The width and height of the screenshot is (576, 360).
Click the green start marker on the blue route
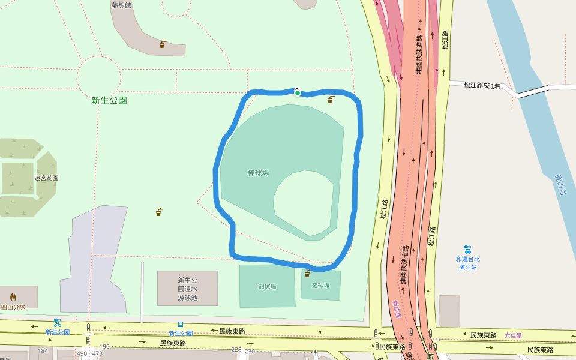click(x=298, y=92)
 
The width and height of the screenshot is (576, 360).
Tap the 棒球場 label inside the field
click(x=259, y=173)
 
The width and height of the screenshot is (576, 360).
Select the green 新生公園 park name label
click(x=109, y=101)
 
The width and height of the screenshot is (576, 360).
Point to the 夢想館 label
click(x=121, y=5)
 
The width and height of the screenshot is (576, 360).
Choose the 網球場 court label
click(x=267, y=287)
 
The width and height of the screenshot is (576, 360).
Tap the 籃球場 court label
click(x=320, y=286)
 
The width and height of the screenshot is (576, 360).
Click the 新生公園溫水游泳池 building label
click(x=187, y=289)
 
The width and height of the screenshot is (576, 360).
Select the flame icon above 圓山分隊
click(x=13, y=297)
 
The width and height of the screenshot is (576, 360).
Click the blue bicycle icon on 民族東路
click(x=58, y=323)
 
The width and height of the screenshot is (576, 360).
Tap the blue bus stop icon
click(x=181, y=325)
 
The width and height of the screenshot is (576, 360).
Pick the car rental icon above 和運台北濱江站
click(x=468, y=249)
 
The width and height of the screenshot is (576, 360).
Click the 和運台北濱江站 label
click(x=468, y=263)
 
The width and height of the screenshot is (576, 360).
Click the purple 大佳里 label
click(x=513, y=335)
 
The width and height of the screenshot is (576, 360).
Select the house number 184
click(x=43, y=351)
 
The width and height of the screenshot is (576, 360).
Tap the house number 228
click(x=236, y=350)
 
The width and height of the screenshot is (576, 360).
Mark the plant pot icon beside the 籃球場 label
click(x=307, y=274)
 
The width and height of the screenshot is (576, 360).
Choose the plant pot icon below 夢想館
click(x=163, y=44)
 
